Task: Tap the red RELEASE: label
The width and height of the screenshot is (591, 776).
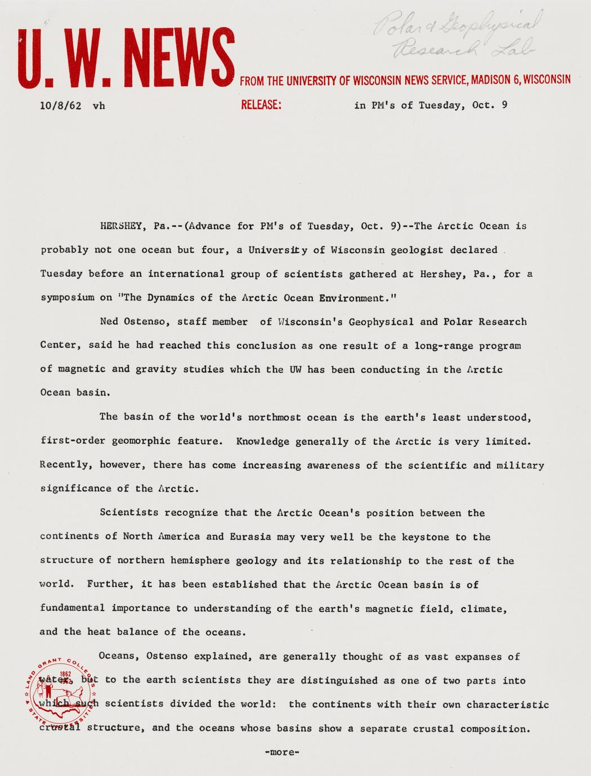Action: point(261,105)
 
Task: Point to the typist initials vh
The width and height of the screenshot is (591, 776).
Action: point(98,105)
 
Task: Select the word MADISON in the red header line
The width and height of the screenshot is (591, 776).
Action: point(491,80)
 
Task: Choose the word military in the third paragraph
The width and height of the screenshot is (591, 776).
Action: point(523,465)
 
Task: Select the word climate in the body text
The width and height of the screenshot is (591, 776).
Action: point(484,608)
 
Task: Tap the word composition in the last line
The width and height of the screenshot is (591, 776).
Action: point(495,728)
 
